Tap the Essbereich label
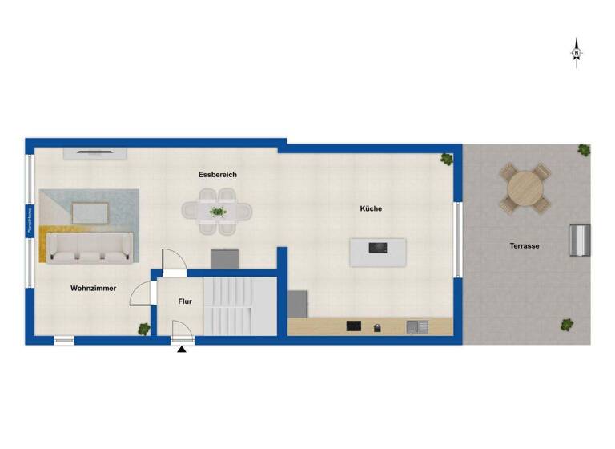(218, 175)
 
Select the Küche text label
(371, 208)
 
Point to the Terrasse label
(525, 245)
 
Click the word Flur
(185, 301)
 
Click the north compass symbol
(576, 53)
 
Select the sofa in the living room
(90, 246)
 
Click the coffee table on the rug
(90, 212)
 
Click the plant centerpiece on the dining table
(218, 212)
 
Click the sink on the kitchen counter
(416, 326)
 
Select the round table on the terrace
(525, 188)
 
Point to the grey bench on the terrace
(579, 241)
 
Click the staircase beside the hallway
(239, 305)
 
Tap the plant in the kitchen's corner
(446, 159)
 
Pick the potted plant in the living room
(144, 328)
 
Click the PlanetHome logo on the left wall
(30, 222)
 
